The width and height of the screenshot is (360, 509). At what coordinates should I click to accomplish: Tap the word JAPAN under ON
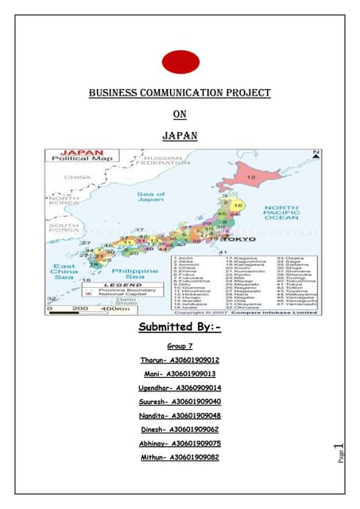(179, 136)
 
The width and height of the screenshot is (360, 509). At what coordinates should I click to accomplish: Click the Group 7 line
(180, 348)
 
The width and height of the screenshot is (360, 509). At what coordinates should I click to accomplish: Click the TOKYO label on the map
(242, 239)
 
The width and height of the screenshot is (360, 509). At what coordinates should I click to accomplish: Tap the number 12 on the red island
(251, 177)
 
